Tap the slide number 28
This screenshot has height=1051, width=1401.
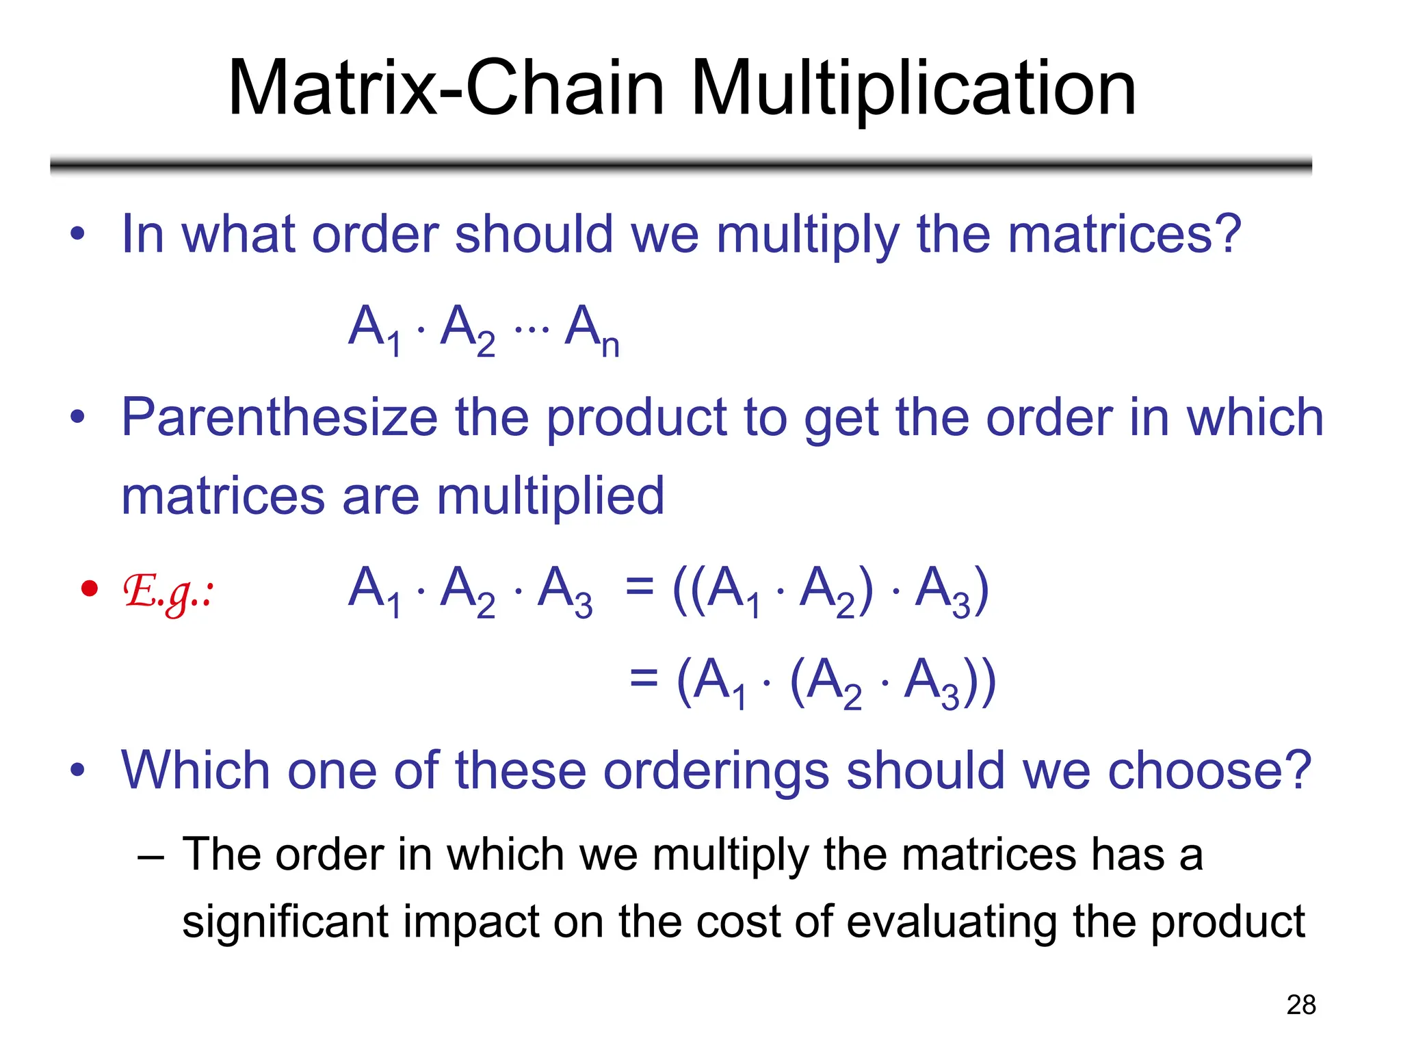point(1300,1005)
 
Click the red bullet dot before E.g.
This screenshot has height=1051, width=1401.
point(90,588)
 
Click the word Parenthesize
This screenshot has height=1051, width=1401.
point(279,418)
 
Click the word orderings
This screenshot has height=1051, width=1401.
point(716,771)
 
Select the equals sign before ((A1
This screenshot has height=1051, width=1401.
point(640,587)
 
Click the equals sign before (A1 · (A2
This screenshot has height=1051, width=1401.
point(644,679)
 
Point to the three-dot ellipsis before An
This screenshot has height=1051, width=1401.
point(532,330)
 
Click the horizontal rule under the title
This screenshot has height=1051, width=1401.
point(681,165)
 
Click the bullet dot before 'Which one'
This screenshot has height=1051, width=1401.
point(78,770)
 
